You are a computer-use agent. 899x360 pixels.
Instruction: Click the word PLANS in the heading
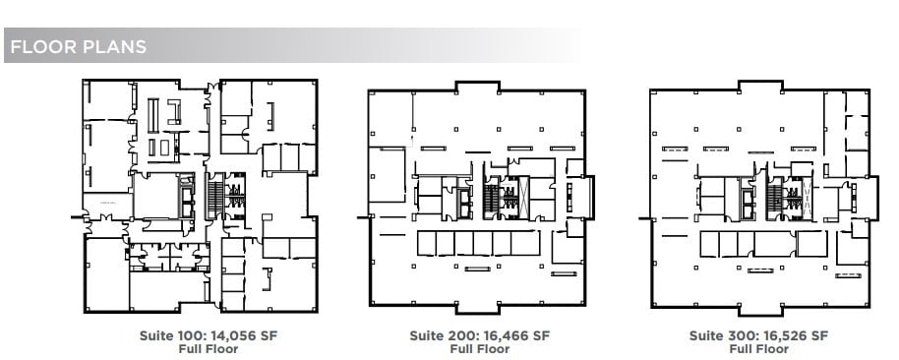[114, 46]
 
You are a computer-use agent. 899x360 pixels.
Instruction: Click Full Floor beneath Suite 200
[479, 348]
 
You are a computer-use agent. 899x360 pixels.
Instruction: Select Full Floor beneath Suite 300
[758, 348]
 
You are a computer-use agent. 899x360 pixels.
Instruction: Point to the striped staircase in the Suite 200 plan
[490, 200]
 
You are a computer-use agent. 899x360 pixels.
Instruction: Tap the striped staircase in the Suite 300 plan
[774, 200]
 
